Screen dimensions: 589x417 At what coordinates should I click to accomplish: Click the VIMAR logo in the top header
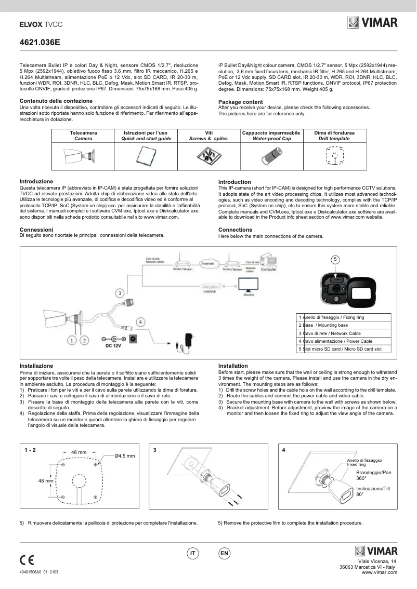372,23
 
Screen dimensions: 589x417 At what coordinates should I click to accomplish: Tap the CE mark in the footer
27,560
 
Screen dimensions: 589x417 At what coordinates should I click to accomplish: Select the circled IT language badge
193,554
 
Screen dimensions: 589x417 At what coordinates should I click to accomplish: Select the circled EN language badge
224,554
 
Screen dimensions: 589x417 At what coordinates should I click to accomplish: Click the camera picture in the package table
80,155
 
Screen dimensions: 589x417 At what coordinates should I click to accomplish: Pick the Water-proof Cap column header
271,136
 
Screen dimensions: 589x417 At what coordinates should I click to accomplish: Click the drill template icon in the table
334,155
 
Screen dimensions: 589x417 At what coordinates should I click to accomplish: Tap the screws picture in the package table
207,155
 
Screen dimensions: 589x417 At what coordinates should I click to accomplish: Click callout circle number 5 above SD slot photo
336,259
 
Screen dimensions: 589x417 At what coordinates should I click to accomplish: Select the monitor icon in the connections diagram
249,286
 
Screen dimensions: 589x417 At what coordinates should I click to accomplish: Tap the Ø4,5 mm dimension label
125,456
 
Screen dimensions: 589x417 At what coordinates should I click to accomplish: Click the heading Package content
240,102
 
